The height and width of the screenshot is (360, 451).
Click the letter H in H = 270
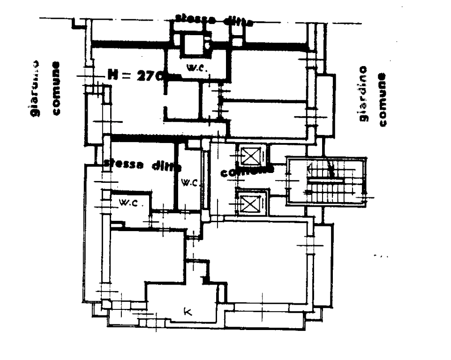point(113,74)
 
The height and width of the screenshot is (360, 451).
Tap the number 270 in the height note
point(149,75)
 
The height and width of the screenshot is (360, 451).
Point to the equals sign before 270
point(126,75)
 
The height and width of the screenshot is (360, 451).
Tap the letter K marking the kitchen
point(187,311)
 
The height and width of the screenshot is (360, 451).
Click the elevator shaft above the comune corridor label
point(249,156)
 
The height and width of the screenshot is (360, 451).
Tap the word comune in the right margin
point(382,99)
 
